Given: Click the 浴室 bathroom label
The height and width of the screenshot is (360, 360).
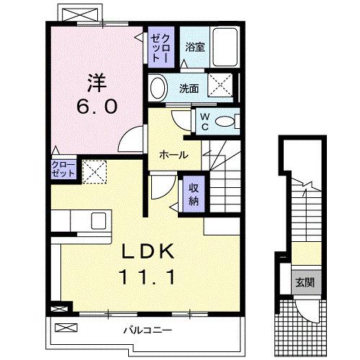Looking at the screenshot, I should coord(194,48).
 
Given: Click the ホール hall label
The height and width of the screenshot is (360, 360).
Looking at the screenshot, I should coord(174,155).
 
